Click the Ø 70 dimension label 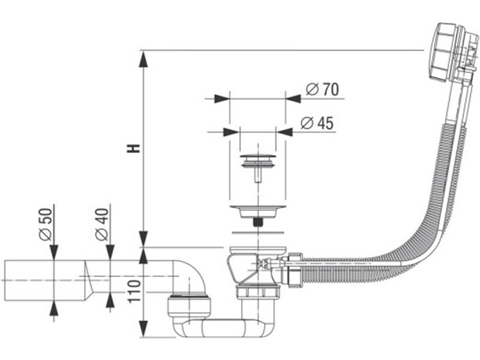click(322, 89)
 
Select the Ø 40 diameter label click(103, 224)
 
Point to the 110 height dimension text click(135, 292)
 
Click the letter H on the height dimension click(136, 148)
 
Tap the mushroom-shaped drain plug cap click(258, 160)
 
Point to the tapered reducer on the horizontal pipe click(89, 280)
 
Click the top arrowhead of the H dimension click(143, 59)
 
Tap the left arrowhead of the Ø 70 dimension click(221, 98)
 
